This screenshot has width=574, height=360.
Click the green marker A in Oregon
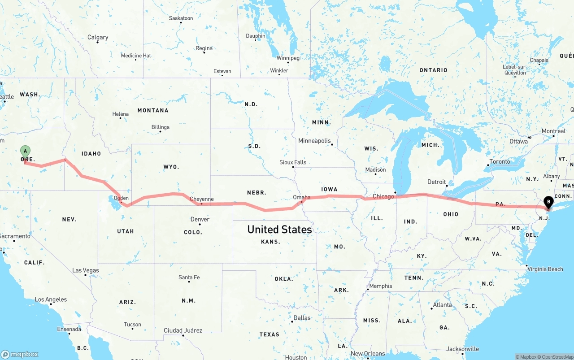coord(26,151)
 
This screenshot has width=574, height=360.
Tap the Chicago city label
coord(383,196)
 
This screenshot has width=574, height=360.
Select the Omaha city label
coord(301,197)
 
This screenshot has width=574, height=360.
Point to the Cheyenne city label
coord(201,199)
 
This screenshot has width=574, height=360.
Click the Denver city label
coord(200,219)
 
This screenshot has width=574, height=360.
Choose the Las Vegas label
coord(85,270)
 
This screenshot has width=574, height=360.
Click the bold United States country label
coord(279,230)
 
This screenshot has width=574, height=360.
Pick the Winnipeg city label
coord(287,58)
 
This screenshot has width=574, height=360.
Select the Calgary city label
coord(98,37)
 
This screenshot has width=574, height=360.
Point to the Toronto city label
coord(500,161)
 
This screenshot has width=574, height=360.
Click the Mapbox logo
coord(20,354)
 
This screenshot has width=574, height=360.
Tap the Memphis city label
coord(380,286)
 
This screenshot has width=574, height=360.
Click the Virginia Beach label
coord(545,269)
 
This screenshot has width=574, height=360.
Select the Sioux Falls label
coord(292,162)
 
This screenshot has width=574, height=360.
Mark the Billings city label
coord(160,127)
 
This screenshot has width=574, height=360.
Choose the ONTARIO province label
coord(433,70)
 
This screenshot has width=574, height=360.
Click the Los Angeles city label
coord(51,299)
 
